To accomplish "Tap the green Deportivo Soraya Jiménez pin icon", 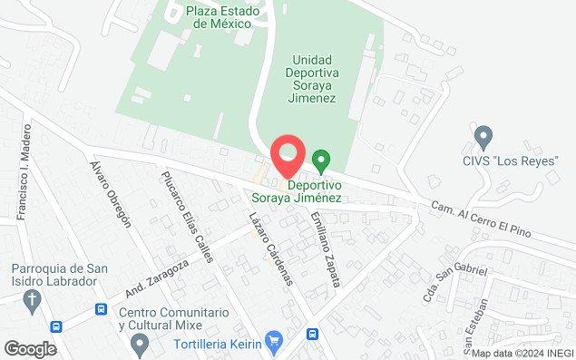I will (x=320, y=161).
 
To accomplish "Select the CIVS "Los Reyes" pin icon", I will (x=483, y=138).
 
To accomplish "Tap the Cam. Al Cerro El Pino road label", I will (x=489, y=220).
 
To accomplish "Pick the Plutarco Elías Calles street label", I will (x=187, y=218).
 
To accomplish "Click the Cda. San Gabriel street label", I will (x=455, y=284).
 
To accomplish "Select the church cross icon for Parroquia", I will (x=33, y=300).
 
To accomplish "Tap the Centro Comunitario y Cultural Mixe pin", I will (x=139, y=343).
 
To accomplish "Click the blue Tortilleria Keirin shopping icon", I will (x=276, y=342).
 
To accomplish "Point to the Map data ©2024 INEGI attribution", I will (x=522, y=353).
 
